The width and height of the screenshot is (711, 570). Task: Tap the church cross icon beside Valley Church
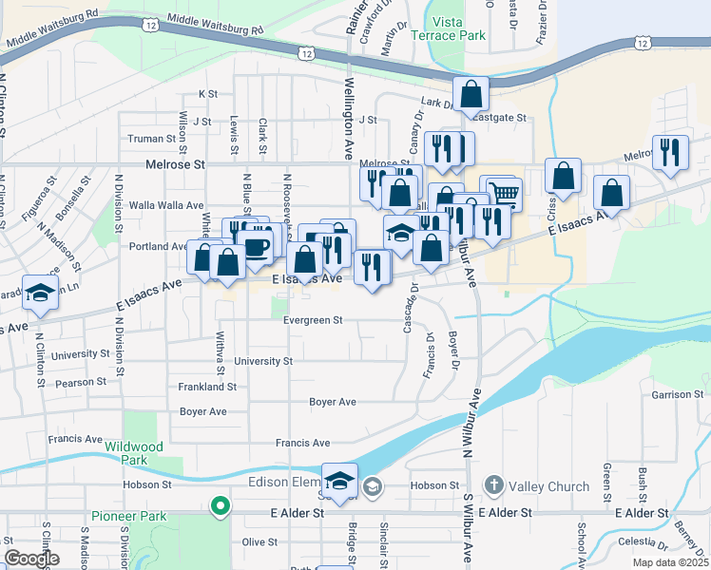[x=492, y=485]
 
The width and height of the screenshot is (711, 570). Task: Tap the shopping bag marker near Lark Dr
[x=471, y=94]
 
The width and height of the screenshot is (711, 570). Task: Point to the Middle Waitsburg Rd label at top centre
[x=213, y=25]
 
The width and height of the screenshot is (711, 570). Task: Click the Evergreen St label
[x=313, y=320]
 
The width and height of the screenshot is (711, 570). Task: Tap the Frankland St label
[x=207, y=387]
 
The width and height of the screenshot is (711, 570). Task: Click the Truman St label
[x=152, y=139]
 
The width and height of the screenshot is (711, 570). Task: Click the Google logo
[x=31, y=559]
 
